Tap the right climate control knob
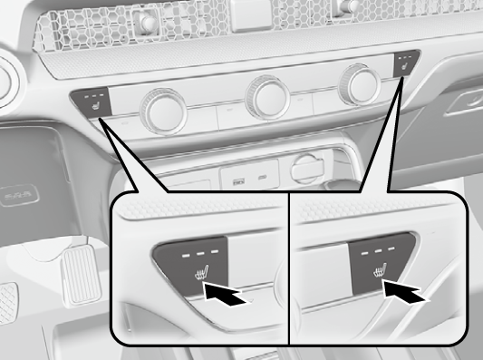tap(358, 88)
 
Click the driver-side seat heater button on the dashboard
tap(93, 103)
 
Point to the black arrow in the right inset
tap(405, 292)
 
